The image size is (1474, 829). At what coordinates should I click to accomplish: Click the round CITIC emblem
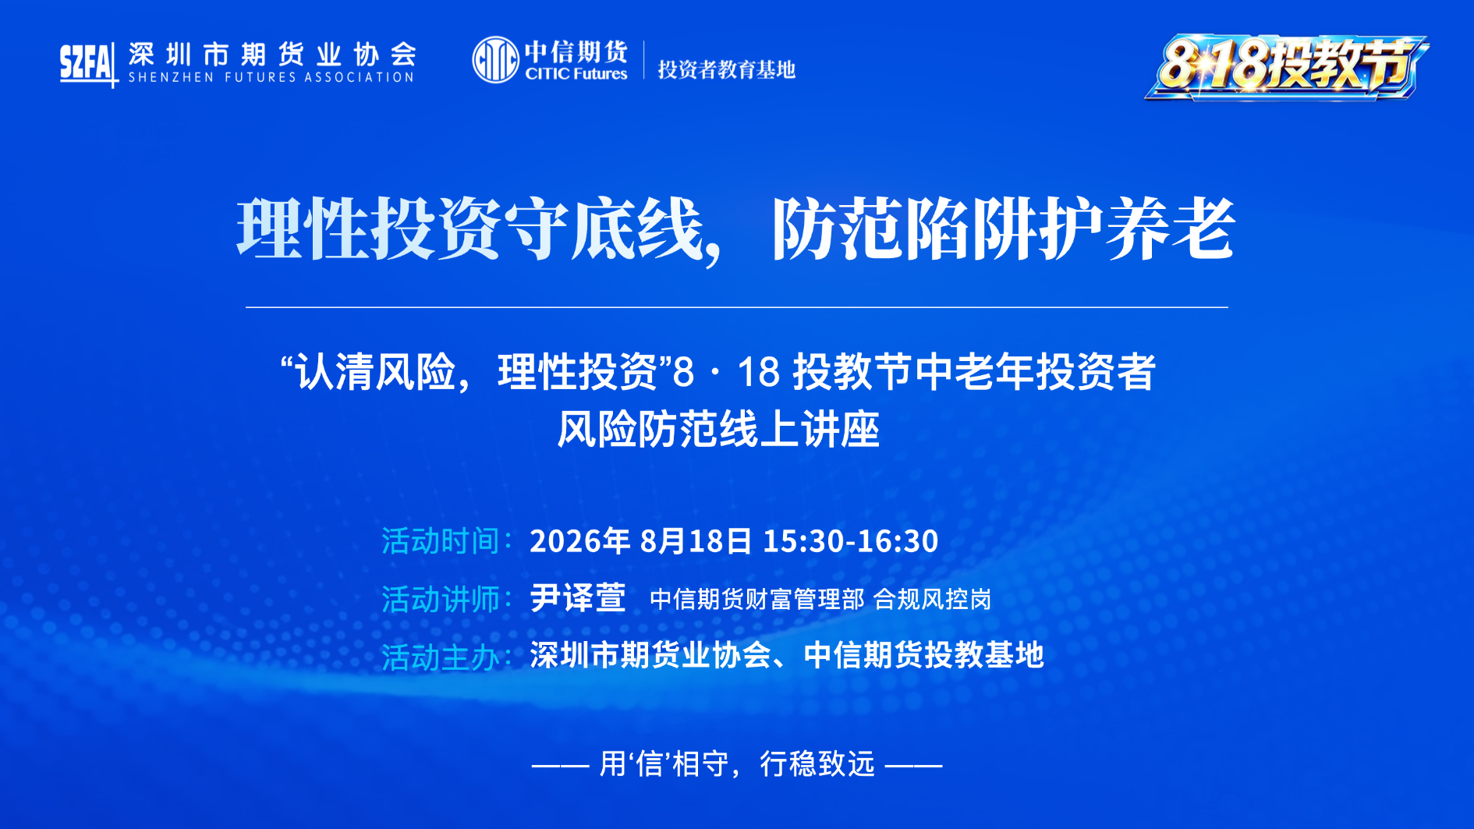[495, 59]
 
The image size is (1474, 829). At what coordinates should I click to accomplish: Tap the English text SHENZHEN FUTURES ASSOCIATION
[271, 77]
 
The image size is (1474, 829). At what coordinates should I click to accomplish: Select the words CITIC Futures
[576, 74]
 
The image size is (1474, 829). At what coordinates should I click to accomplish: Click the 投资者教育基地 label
[726, 69]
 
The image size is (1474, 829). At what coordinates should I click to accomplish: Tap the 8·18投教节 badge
[1286, 67]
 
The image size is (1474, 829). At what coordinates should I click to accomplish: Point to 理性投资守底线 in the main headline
[469, 229]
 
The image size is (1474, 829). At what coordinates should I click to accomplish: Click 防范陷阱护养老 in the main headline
[1004, 229]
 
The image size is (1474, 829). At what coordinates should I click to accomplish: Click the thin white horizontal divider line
[737, 307]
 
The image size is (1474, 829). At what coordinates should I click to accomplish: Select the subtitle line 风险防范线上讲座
[718, 429]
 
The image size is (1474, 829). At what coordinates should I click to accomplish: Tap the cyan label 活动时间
[441, 541]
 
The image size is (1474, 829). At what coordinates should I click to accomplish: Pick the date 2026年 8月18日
[641, 541]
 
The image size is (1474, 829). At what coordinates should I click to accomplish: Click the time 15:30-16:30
[850, 541]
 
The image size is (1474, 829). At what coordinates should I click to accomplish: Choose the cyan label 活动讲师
[441, 599]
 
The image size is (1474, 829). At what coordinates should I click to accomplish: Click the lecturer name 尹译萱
[578, 598]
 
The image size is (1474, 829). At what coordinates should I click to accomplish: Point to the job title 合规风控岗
[932, 599]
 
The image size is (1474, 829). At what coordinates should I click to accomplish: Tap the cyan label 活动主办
[441, 657]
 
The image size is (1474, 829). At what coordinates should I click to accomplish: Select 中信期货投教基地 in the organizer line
[923, 655]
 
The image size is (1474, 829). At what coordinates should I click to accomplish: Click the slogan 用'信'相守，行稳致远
[737, 764]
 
